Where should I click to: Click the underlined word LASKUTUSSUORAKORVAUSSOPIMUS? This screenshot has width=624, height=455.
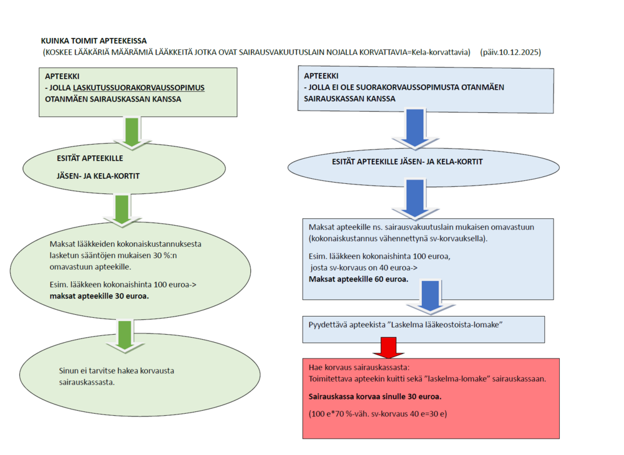click(139, 88)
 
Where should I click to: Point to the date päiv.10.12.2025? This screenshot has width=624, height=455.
click(510, 53)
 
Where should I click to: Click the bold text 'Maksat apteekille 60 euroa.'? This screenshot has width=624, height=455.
click(358, 279)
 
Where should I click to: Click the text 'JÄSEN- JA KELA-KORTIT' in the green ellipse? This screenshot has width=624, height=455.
click(98, 176)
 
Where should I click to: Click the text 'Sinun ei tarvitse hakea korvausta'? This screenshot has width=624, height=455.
click(112, 371)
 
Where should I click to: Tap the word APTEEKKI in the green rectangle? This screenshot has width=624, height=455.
click(62, 77)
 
